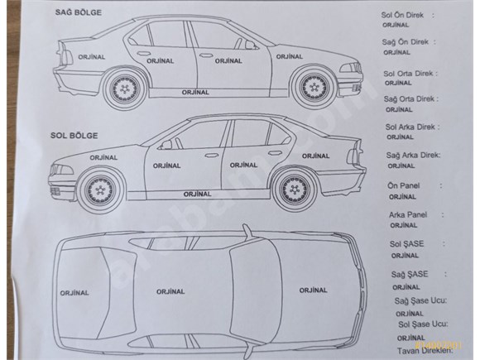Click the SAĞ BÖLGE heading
click(79, 12)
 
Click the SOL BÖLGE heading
click(74, 136)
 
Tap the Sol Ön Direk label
click(402, 15)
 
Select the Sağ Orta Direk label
click(409, 99)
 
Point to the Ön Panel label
click(404, 186)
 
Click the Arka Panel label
click(408, 215)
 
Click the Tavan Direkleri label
click(424, 351)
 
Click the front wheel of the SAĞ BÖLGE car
click(314, 88)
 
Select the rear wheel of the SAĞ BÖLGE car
click(124, 89)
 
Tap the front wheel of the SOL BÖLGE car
click(99, 190)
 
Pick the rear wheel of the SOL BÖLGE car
click(294, 190)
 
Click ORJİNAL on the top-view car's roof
click(170, 292)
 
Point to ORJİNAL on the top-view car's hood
click(313, 290)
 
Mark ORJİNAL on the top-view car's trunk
click(74, 293)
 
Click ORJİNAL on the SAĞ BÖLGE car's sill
click(195, 92)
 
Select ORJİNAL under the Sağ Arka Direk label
click(401, 166)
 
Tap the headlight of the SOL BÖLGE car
click(62, 170)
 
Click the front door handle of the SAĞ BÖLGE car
click(206, 55)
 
